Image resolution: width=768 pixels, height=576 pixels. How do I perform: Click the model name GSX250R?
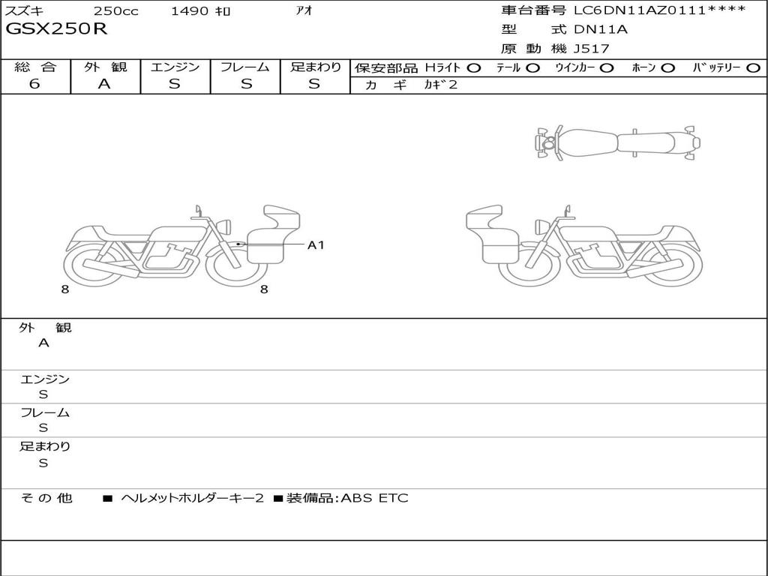(x=55, y=28)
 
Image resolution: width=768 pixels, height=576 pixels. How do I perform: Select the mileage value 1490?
(x=190, y=10)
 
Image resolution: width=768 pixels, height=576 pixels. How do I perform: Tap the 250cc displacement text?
(x=116, y=10)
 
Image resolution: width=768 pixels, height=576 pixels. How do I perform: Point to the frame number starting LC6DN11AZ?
(x=660, y=10)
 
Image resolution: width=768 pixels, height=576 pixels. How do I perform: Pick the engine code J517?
(x=592, y=49)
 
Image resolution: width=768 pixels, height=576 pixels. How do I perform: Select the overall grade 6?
(x=34, y=84)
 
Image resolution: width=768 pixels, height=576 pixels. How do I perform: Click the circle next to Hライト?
(x=473, y=68)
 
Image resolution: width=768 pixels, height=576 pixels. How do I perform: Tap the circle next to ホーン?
(x=667, y=68)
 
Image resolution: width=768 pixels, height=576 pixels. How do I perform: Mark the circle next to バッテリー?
(x=753, y=68)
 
